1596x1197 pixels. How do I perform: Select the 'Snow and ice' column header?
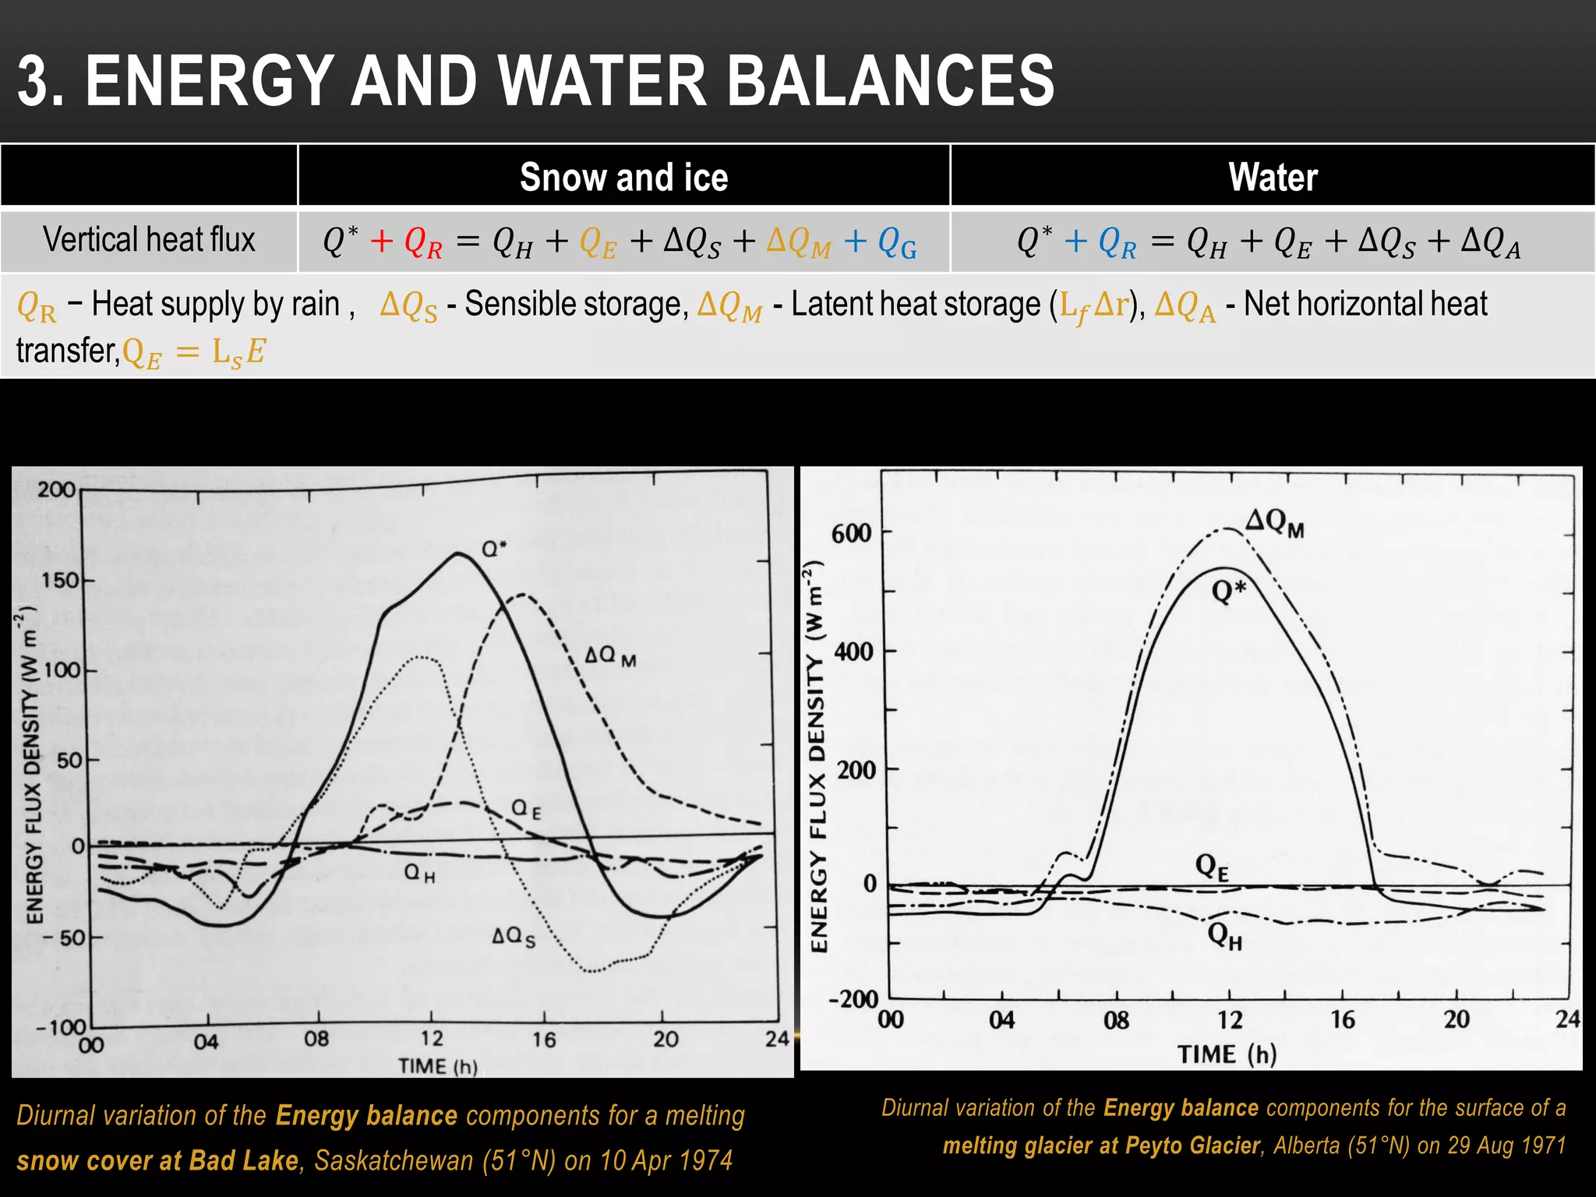623,178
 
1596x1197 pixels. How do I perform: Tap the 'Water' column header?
1273,178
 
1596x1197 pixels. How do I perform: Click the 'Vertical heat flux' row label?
149,240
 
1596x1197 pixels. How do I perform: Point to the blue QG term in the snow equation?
896,243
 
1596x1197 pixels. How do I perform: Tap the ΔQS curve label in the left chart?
514,937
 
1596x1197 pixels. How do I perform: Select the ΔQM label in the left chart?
610,656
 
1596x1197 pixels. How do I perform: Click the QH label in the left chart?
419,873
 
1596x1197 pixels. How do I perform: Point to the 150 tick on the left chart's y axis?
59,581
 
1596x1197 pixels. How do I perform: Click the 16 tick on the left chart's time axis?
544,1040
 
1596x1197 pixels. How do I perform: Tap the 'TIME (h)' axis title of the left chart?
437,1066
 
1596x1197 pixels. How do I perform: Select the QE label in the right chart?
1212,866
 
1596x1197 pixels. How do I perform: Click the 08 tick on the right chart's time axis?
1116,1020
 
